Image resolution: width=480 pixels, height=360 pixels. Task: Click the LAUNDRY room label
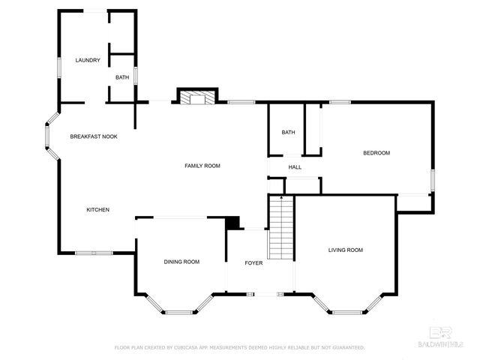(87, 60)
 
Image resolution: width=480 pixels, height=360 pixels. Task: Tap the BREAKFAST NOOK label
(93, 136)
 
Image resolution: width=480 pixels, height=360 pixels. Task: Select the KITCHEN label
(98, 209)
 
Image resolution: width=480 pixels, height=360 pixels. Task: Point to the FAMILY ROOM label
(202, 165)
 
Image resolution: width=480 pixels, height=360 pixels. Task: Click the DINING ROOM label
(181, 262)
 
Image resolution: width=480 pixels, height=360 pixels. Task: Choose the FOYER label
(253, 263)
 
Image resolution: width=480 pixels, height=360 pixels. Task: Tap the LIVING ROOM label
(345, 250)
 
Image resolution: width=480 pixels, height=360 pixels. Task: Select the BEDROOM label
(376, 153)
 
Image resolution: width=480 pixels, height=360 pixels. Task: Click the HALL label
(295, 166)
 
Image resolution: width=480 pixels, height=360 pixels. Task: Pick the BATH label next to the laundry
(121, 77)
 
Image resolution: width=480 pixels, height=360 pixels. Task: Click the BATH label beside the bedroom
(289, 133)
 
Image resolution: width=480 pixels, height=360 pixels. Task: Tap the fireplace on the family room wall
(196, 96)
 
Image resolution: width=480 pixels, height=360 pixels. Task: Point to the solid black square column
(232, 223)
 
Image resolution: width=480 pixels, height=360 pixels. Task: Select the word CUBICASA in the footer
(187, 348)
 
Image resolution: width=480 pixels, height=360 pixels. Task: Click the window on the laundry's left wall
(59, 66)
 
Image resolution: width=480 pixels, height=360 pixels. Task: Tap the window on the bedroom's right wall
(432, 180)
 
